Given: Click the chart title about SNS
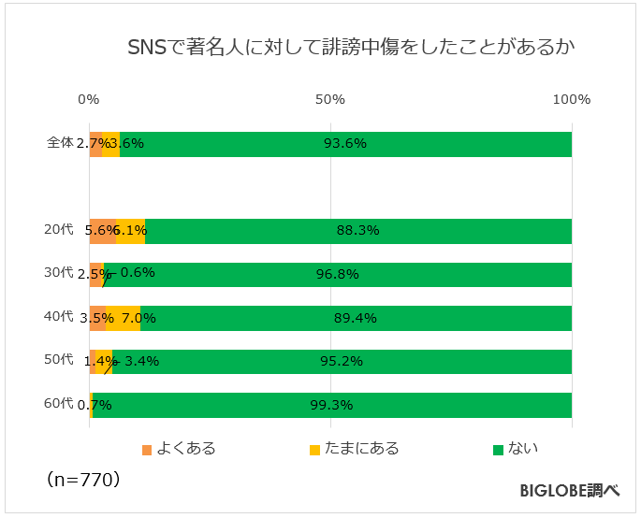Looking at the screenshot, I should [x=350, y=48].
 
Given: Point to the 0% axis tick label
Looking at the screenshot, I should [x=89, y=100].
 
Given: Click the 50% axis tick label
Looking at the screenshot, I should [x=330, y=100].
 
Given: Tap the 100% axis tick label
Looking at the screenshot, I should [x=571, y=100].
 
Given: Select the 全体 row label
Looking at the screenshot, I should [x=60, y=143].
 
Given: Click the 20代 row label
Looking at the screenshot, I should [x=58, y=230].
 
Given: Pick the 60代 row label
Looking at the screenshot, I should [x=58, y=404].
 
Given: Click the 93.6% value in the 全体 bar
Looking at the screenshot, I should [x=344, y=144].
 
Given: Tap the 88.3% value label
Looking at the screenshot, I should [x=357, y=231].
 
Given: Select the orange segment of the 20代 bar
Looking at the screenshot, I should [x=102, y=231].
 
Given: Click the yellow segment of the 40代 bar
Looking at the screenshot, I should [x=123, y=318].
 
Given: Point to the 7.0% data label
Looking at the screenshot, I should [x=138, y=318].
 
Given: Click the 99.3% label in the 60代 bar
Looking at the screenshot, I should [x=331, y=405].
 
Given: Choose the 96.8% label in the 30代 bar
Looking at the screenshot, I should [x=338, y=275].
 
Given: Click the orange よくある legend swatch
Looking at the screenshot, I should [x=146, y=450].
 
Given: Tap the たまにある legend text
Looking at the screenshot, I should [x=362, y=449].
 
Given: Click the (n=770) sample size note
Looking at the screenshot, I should [x=82, y=480].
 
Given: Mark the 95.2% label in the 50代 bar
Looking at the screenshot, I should [x=342, y=362].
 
